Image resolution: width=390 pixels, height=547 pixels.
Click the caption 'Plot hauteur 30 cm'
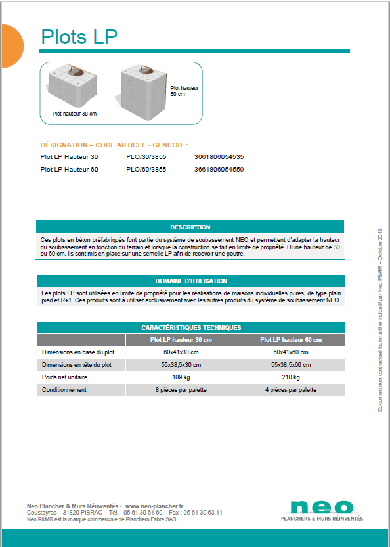point(74,114)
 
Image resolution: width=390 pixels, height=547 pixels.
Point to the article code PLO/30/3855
point(146,157)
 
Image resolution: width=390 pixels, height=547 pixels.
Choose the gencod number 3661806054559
point(219,169)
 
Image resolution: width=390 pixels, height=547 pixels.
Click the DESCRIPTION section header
point(190,227)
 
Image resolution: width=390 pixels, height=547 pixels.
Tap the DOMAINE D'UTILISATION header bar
point(190,281)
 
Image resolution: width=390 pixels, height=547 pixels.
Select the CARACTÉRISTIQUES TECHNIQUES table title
point(190,327)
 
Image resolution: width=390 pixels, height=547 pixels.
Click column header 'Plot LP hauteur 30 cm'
point(181,340)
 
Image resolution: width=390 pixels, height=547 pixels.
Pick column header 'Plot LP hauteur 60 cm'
point(290,340)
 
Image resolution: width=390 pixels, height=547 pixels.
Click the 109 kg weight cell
point(181,377)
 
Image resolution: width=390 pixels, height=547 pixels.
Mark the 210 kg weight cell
point(290,377)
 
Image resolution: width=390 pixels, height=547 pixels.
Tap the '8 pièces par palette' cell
point(181,390)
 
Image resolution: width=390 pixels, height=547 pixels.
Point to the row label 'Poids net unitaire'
point(64,377)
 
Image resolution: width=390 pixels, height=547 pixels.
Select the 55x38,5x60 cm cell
point(290,365)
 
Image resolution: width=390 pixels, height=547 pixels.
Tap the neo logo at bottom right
point(321,508)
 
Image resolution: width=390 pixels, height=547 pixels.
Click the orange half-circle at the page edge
point(11,45)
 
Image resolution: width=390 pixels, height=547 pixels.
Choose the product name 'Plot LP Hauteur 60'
point(69,169)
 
